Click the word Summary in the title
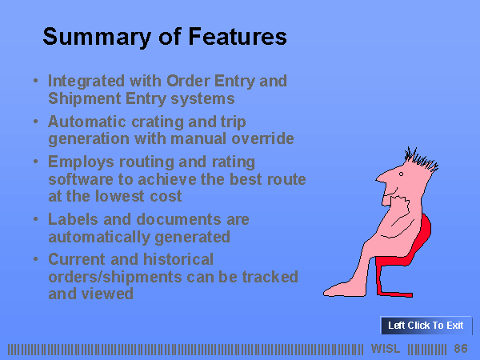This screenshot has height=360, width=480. pyautogui.click(x=97, y=37)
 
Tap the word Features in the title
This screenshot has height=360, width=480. pyautogui.click(x=238, y=37)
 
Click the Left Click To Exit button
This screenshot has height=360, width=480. pyautogui.click(x=426, y=325)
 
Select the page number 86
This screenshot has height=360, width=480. pyautogui.click(x=461, y=349)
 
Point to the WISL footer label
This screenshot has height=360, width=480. pyautogui.click(x=386, y=349)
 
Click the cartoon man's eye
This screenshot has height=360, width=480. pyautogui.click(x=401, y=174)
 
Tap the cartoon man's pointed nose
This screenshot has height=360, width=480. pyautogui.click(x=379, y=178)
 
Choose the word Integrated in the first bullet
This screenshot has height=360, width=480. pyautogui.click(x=86, y=82)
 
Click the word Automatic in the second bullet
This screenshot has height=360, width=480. pyautogui.click(x=87, y=122)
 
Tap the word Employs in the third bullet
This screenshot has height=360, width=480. pyautogui.click(x=81, y=162)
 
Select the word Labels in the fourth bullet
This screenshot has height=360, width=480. pyautogui.click(x=73, y=219)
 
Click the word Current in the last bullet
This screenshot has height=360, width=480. pyautogui.click(x=77, y=259)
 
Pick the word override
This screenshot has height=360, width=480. pyautogui.click(x=262, y=138)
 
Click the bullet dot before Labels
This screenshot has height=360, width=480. pyautogui.click(x=35, y=218)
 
